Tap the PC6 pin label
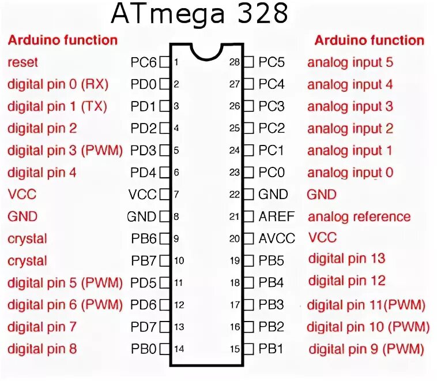[144, 62]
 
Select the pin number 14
[179, 349]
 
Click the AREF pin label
[276, 216]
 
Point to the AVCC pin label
[277, 238]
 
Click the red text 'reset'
[23, 62]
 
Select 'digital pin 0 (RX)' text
[58, 84]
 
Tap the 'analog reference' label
[359, 217]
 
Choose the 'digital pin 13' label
[346, 259]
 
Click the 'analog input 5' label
[350, 62]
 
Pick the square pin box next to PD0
[164, 84]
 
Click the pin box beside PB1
[248, 349]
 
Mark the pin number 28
[234, 62]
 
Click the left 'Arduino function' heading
[62, 40]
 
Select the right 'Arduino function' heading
[369, 40]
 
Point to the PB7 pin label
[144, 261]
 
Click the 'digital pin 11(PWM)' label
[366, 305]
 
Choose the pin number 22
[234, 195]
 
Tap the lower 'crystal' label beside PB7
[27, 261]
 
